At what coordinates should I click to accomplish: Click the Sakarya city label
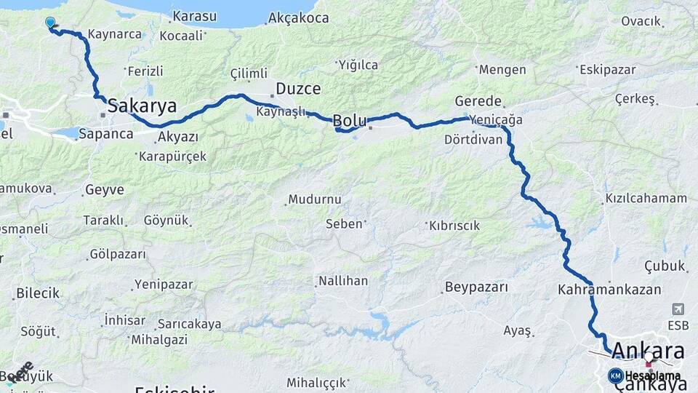click(x=142, y=106)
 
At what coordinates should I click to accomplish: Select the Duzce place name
click(x=298, y=90)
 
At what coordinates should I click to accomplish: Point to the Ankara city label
click(x=648, y=351)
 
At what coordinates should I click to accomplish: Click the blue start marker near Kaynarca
click(x=50, y=23)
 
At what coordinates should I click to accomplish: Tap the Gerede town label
click(x=478, y=101)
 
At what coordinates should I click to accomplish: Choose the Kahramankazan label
click(x=609, y=289)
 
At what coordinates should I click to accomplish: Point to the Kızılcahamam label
click(x=646, y=198)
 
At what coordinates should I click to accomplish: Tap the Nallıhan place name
click(x=342, y=280)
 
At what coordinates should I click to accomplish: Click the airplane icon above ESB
click(x=678, y=309)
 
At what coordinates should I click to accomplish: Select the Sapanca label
click(x=105, y=134)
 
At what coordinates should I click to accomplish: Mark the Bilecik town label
click(x=37, y=293)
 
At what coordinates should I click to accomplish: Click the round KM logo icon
click(x=615, y=376)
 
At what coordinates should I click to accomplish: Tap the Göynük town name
click(x=166, y=220)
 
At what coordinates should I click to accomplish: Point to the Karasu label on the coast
click(x=195, y=16)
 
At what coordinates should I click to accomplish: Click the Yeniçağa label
click(x=497, y=120)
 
